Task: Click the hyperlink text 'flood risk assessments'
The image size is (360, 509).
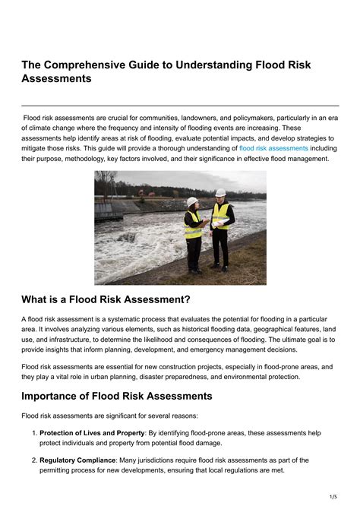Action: (x=273, y=148)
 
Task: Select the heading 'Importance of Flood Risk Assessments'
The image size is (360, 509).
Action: (x=116, y=396)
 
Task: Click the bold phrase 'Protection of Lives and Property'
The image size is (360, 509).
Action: (x=92, y=433)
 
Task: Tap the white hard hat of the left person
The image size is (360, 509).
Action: (x=192, y=201)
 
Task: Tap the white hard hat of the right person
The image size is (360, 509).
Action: (x=220, y=193)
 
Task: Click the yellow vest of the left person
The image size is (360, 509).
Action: (x=193, y=225)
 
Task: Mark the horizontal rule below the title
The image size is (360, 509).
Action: (x=180, y=106)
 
